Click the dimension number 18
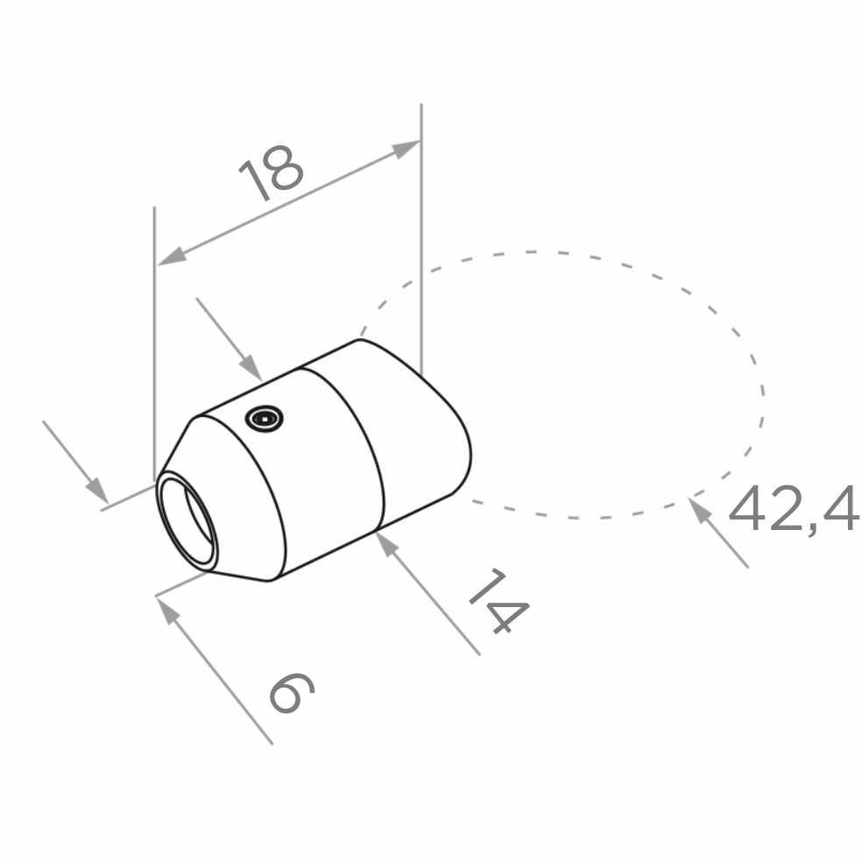click(x=271, y=173)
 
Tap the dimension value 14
click(x=498, y=601)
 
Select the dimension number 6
click(x=292, y=693)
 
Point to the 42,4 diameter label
click(x=794, y=509)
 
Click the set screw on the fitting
click(x=265, y=420)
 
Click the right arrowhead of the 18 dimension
click(x=406, y=148)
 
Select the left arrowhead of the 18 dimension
click(x=172, y=256)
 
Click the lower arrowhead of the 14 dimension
click(x=388, y=544)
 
